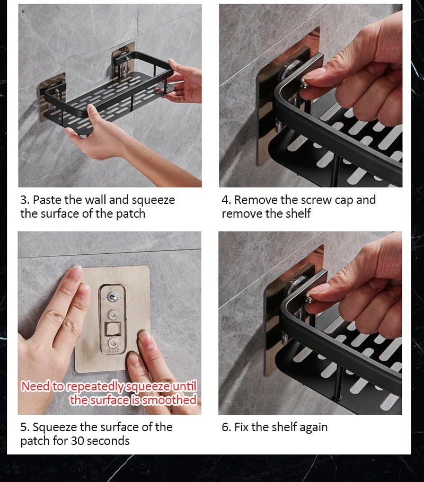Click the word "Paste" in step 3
click(x=47, y=200)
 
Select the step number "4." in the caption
click(x=226, y=200)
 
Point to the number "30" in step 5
click(x=77, y=441)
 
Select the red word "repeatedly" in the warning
click(x=95, y=387)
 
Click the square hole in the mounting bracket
click(x=112, y=329)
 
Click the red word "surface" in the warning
click(x=109, y=400)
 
